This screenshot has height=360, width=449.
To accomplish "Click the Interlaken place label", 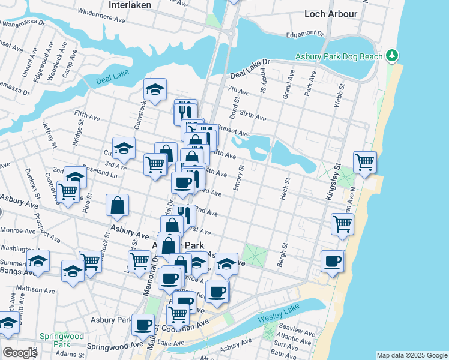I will tap(130, 4).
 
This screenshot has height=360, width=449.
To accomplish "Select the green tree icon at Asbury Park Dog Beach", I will tap(393, 56).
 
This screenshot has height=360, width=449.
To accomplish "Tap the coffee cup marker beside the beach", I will tap(332, 261).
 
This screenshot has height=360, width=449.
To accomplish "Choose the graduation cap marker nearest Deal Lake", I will tap(155, 91).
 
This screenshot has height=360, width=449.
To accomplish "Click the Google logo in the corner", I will tap(20, 353).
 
